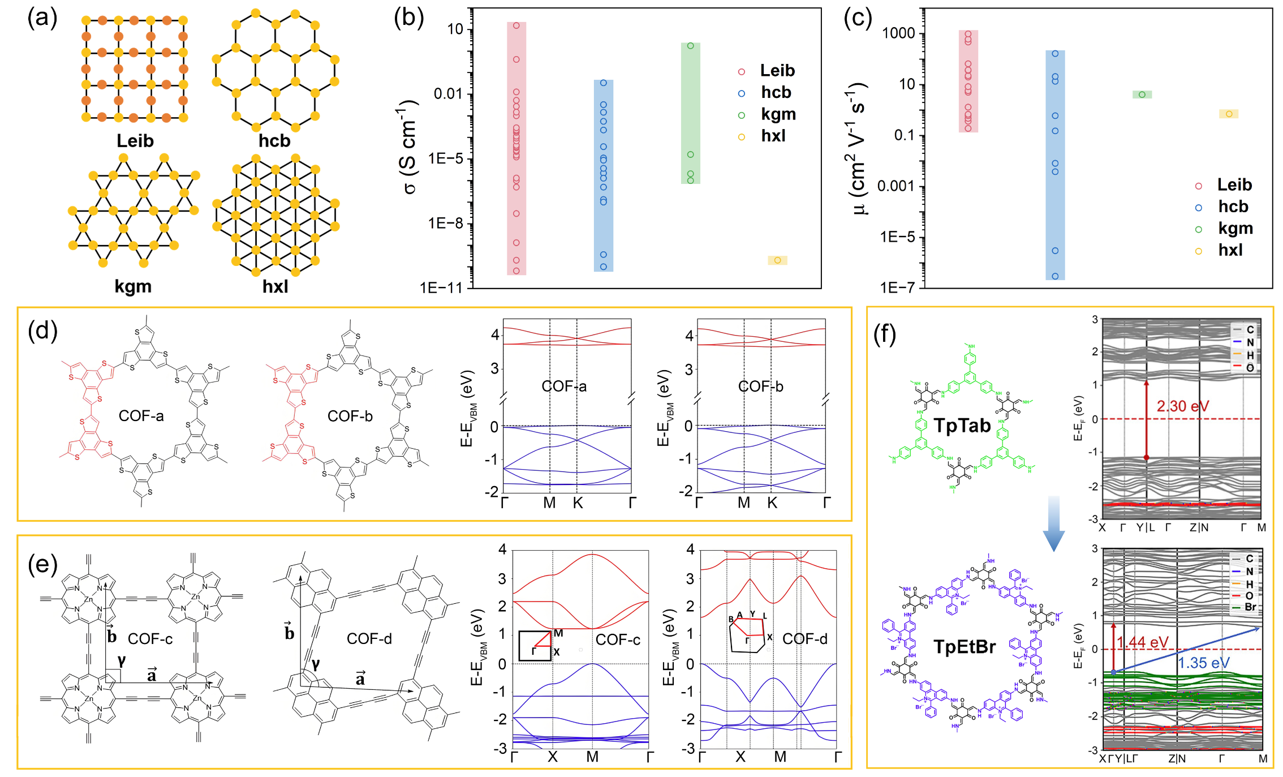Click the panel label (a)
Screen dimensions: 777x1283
pos(42,19)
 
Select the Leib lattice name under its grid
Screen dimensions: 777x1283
pos(135,141)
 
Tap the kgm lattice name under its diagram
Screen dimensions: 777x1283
pos(133,286)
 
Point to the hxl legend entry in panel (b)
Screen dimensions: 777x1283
pos(773,136)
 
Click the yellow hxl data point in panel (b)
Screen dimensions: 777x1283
pos(777,260)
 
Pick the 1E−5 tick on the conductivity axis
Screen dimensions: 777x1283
pos(446,159)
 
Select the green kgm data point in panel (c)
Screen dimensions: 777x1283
pos(1142,95)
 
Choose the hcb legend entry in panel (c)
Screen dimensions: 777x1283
pos(1233,207)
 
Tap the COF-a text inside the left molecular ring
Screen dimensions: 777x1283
pos(141,416)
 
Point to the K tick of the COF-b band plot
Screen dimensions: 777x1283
pos(772,503)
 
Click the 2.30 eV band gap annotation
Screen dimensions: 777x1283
pos(1182,406)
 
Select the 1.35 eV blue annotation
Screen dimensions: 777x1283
pos(1203,663)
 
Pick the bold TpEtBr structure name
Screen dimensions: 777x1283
pos(964,646)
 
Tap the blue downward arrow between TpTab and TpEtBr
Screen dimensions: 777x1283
pos(1053,523)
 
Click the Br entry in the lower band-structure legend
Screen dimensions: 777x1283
pos(1250,607)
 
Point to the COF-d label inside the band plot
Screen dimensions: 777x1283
pos(804,639)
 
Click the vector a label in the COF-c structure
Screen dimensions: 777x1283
pos(152,675)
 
